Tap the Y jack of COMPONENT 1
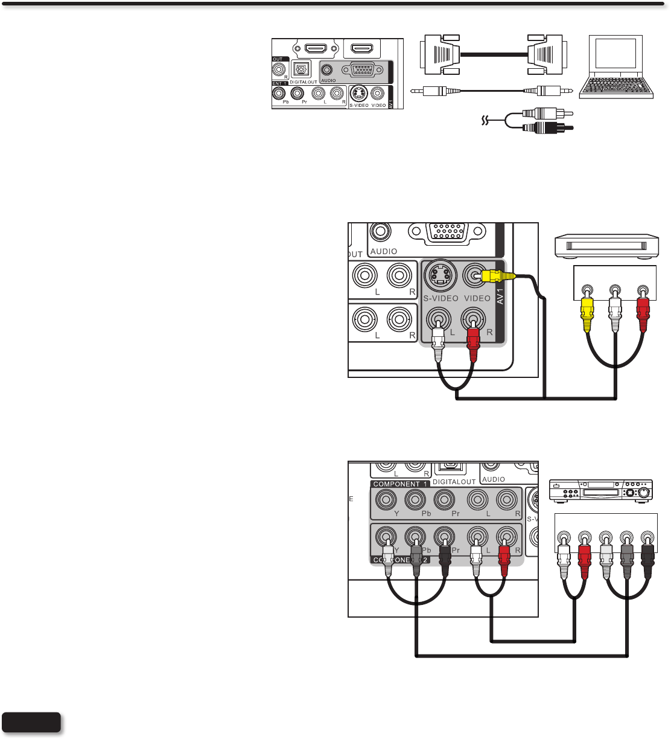point(386,500)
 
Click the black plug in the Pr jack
point(445,558)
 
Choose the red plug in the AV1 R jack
point(473,344)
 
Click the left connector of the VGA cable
point(440,54)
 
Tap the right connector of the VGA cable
point(547,54)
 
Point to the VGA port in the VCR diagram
point(447,232)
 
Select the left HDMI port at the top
point(316,48)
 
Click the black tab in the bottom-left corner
point(31,722)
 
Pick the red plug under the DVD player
point(584,558)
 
